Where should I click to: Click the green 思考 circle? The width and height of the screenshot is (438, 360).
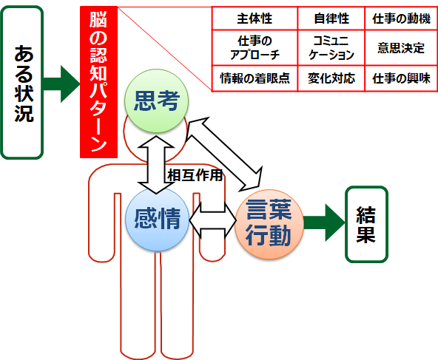pyautogui.click(x=156, y=101)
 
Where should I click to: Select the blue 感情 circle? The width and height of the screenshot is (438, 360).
pyautogui.click(x=157, y=219)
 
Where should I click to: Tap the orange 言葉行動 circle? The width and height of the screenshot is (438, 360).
pyautogui.click(x=269, y=224)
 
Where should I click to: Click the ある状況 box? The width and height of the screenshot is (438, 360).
pyautogui.click(x=22, y=83)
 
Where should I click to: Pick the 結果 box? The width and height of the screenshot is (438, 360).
pyautogui.click(x=366, y=225)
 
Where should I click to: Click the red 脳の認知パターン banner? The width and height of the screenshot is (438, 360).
pyautogui.click(x=98, y=82)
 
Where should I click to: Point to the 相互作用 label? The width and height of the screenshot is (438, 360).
pyautogui.click(x=195, y=175)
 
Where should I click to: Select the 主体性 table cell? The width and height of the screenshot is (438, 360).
pyautogui.click(x=255, y=18)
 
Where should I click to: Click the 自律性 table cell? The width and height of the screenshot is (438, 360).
pyautogui.click(x=331, y=18)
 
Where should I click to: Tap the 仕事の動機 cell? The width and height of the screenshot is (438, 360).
pyautogui.click(x=401, y=18)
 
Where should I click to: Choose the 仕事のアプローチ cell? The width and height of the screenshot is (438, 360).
pyautogui.click(x=255, y=48)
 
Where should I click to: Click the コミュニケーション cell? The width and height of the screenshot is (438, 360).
pyautogui.click(x=331, y=48)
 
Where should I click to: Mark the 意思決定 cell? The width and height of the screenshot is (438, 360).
pyautogui.click(x=401, y=48)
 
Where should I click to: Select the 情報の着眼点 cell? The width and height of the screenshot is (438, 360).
pyautogui.click(x=255, y=78)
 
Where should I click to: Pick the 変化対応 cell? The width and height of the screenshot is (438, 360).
pyautogui.click(x=331, y=78)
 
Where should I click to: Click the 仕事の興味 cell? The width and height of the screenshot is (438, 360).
pyautogui.click(x=401, y=78)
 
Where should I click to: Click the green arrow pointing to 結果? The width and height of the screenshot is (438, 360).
pyautogui.click(x=325, y=223)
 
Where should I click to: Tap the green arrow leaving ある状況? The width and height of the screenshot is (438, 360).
pyautogui.click(x=61, y=84)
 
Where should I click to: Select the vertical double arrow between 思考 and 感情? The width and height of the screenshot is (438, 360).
pyautogui.click(x=156, y=165)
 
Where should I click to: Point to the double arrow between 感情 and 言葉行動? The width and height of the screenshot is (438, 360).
pyautogui.click(x=213, y=220)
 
